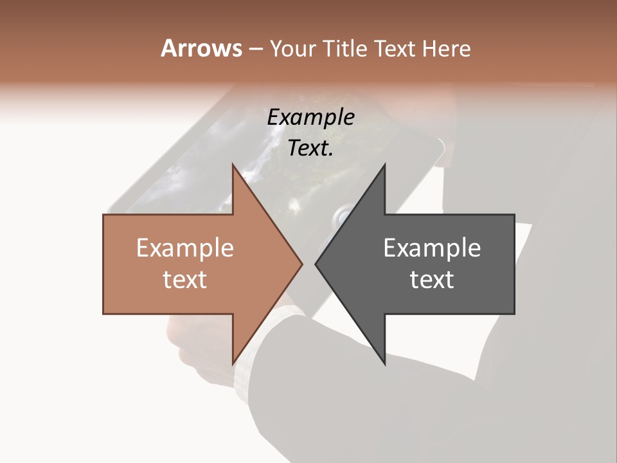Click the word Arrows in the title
201,48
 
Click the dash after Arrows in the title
255,50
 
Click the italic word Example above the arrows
311,118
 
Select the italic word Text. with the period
311,149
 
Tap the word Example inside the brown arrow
185,248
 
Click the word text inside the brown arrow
185,280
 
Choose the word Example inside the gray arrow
432,248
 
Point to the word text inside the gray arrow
432,280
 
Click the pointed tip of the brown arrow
302,264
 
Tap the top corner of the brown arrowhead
233,165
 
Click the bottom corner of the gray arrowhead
384,364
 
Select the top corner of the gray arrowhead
384,165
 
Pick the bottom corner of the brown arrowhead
233,364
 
